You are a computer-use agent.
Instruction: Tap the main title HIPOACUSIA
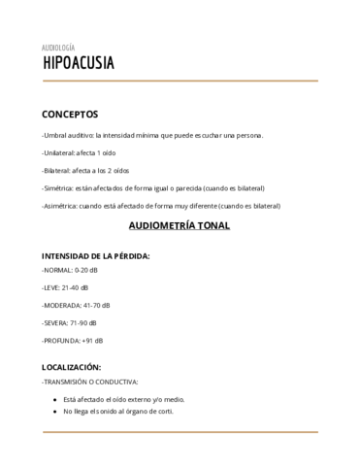(x=78, y=64)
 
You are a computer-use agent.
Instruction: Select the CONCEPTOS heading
(x=77, y=113)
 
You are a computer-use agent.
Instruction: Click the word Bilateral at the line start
(x=57, y=170)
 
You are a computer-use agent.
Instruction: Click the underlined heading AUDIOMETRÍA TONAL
(x=180, y=227)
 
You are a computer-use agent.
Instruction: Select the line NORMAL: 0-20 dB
(x=71, y=269)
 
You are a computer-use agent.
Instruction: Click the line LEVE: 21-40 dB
(x=65, y=287)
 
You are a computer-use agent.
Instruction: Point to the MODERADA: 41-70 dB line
(x=77, y=305)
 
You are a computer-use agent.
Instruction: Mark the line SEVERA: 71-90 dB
(x=70, y=322)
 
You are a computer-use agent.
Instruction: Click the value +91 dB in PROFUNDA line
(x=93, y=341)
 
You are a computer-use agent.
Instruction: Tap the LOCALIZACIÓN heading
(x=72, y=367)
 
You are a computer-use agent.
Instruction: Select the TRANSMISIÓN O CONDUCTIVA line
(x=90, y=382)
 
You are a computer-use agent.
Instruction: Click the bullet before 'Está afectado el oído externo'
(x=52, y=399)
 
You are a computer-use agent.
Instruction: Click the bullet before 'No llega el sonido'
(x=52, y=411)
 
